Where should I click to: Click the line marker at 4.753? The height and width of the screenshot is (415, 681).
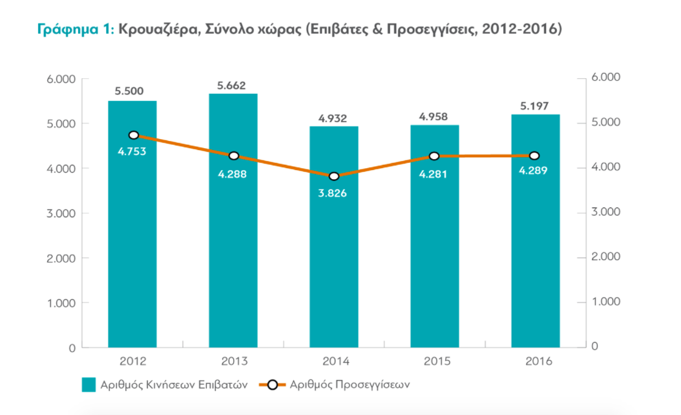tap(134, 135)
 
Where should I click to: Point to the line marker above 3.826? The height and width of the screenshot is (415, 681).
tap(334, 176)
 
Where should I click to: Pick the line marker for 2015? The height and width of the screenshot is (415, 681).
tap(434, 156)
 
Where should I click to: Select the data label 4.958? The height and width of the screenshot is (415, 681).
tap(434, 117)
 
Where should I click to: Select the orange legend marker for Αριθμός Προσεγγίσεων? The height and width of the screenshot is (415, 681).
tap(273, 385)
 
